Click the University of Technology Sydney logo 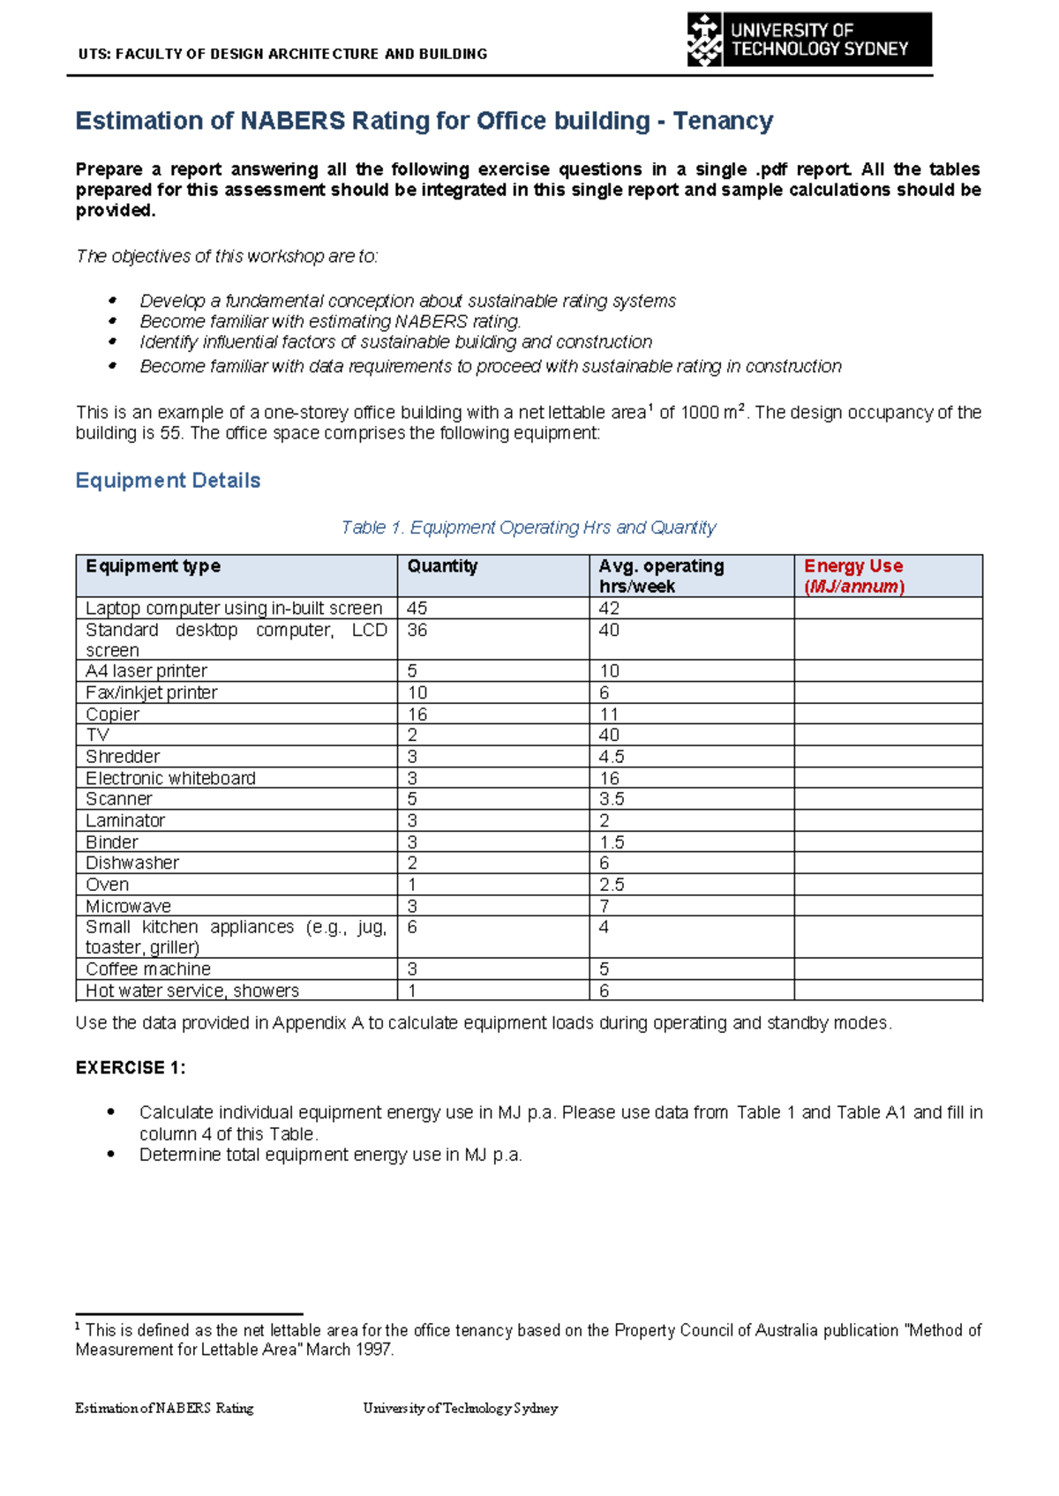pos(808,40)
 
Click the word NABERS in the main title pos(292,121)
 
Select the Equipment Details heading pos(168,481)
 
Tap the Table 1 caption pos(528,527)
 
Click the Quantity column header pos(442,566)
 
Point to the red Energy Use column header pos(853,576)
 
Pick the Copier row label pos(112,714)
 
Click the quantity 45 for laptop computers pos(417,609)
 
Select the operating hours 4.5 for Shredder pos(612,757)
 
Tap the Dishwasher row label pos(132,863)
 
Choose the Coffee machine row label pos(147,969)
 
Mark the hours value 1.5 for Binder pos(612,842)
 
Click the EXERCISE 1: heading pos(131,1068)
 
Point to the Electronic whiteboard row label pos(170,778)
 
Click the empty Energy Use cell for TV pos(888,735)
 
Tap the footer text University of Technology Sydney pos(460,1409)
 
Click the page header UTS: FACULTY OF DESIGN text pos(282,54)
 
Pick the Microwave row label pos(128,906)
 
